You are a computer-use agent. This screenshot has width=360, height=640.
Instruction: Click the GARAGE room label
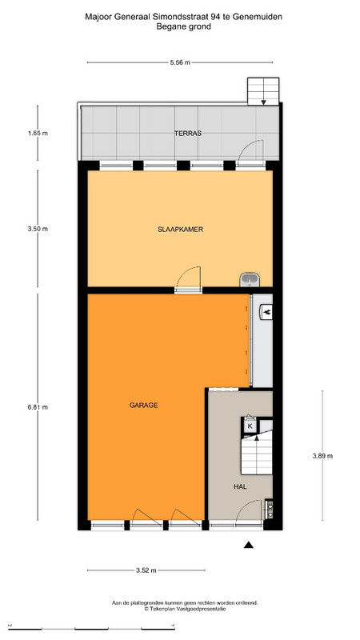point(143,406)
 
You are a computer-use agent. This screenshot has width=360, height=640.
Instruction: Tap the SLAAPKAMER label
point(181,230)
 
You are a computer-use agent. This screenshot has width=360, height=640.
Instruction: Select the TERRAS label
point(188,133)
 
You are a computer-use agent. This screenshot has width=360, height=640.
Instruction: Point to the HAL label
point(240,486)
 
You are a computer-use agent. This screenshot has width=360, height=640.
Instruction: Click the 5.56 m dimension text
point(180,62)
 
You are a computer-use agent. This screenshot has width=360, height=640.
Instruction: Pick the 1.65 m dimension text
point(38,133)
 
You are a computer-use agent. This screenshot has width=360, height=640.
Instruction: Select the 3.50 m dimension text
point(38,229)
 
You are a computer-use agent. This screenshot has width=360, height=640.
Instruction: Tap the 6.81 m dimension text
point(38,407)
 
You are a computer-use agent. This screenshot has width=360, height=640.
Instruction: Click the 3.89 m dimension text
point(322,456)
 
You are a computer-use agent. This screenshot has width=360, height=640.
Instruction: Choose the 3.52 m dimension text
point(146,570)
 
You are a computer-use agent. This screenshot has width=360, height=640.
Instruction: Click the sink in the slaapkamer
point(250,279)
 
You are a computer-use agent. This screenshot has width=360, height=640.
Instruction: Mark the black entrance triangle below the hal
point(249,545)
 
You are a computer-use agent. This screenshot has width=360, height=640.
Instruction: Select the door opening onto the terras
point(250,153)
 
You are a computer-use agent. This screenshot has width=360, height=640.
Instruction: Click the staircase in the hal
point(256,453)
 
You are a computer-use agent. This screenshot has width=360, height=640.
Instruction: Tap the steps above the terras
point(263,91)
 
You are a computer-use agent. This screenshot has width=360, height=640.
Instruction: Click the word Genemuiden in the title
point(262,17)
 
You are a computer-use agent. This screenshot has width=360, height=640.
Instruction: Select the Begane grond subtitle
point(184,27)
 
